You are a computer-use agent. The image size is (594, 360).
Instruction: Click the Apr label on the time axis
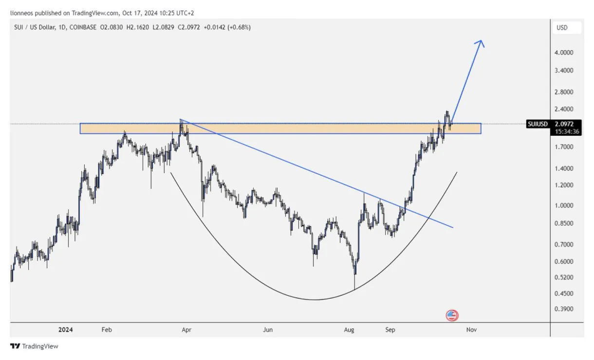[x=186, y=330]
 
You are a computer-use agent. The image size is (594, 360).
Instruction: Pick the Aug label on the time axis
[x=349, y=330]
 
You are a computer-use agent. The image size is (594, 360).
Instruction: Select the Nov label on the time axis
[x=471, y=330]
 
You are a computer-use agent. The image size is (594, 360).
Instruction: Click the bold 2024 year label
[x=65, y=330]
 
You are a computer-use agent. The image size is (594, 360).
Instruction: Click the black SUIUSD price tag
[x=538, y=124]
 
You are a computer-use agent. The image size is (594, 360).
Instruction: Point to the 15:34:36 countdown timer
[x=566, y=131]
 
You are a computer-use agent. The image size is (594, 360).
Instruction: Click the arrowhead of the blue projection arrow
[x=481, y=42]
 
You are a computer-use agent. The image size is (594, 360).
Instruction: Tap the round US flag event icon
[x=452, y=315]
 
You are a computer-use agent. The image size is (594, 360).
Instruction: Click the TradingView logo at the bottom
[x=34, y=346]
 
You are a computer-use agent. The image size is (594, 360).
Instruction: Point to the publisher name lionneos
[x=23, y=13]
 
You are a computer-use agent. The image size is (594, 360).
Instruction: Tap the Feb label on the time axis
[x=107, y=330]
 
